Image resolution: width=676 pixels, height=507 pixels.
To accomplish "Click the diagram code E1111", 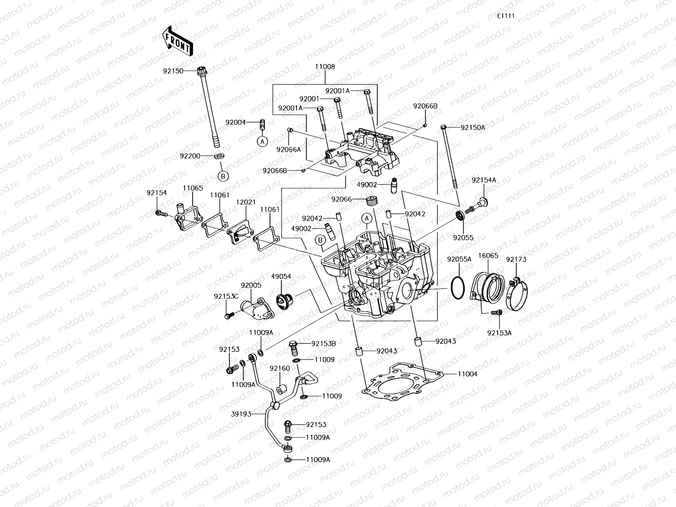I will click(505, 16).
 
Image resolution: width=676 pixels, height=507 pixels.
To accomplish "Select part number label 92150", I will click(173, 71).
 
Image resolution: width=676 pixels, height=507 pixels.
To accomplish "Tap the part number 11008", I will click(324, 67).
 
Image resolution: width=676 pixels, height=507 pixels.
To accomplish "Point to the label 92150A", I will click(472, 127).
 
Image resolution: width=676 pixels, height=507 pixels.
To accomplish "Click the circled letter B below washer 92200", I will click(223, 175).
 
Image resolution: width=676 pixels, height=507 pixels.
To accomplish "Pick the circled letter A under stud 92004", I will click(262, 142).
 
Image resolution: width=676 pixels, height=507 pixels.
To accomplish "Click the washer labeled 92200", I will click(219, 157).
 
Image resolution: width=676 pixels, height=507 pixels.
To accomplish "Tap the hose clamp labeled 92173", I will click(516, 292).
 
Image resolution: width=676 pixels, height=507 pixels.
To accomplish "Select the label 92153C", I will click(226, 296).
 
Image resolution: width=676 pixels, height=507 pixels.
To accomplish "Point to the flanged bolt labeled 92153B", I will click(294, 348).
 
